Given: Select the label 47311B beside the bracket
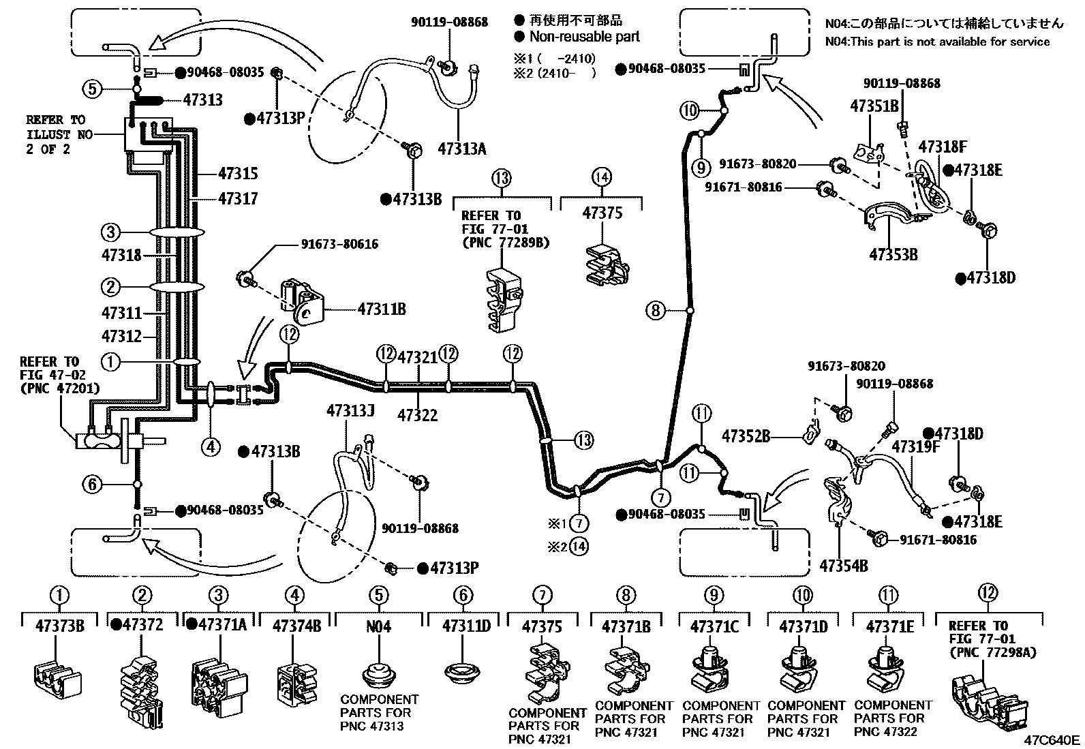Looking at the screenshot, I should pyautogui.click(x=381, y=309).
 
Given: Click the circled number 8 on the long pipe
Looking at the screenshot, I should pyautogui.click(x=655, y=311).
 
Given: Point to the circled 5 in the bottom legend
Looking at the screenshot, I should pyautogui.click(x=379, y=596).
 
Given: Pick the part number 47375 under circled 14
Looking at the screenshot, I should pyautogui.click(x=602, y=213).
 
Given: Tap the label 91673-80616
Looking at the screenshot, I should pyautogui.click(x=339, y=244).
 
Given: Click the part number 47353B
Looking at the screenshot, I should pyautogui.click(x=893, y=255).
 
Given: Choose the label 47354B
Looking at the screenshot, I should pyautogui.click(x=843, y=565).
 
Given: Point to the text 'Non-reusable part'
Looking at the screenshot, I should pyautogui.click(x=585, y=37).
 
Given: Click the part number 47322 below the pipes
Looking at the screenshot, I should pyautogui.click(x=417, y=415).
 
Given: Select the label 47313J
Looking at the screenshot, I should pyautogui.click(x=350, y=411).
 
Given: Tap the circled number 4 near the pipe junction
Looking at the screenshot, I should pyautogui.click(x=211, y=446).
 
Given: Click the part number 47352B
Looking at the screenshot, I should pyautogui.click(x=746, y=436).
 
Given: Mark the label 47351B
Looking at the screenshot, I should pyautogui.click(x=874, y=106).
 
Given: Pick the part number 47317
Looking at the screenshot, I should pyautogui.click(x=238, y=198).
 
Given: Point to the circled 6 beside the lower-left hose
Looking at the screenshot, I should pyautogui.click(x=93, y=485).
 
